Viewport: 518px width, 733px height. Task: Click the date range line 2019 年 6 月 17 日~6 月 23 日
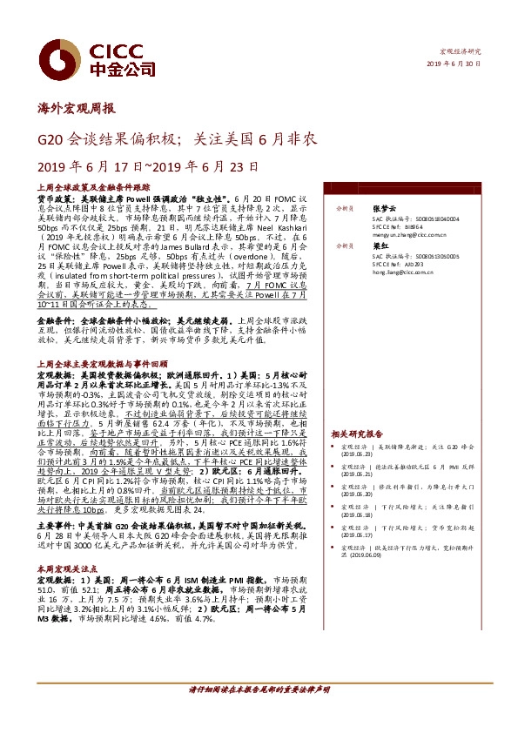pyautogui.click(x=137, y=165)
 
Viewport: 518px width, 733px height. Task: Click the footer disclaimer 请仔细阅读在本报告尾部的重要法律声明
pyautogui.click(x=259, y=714)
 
